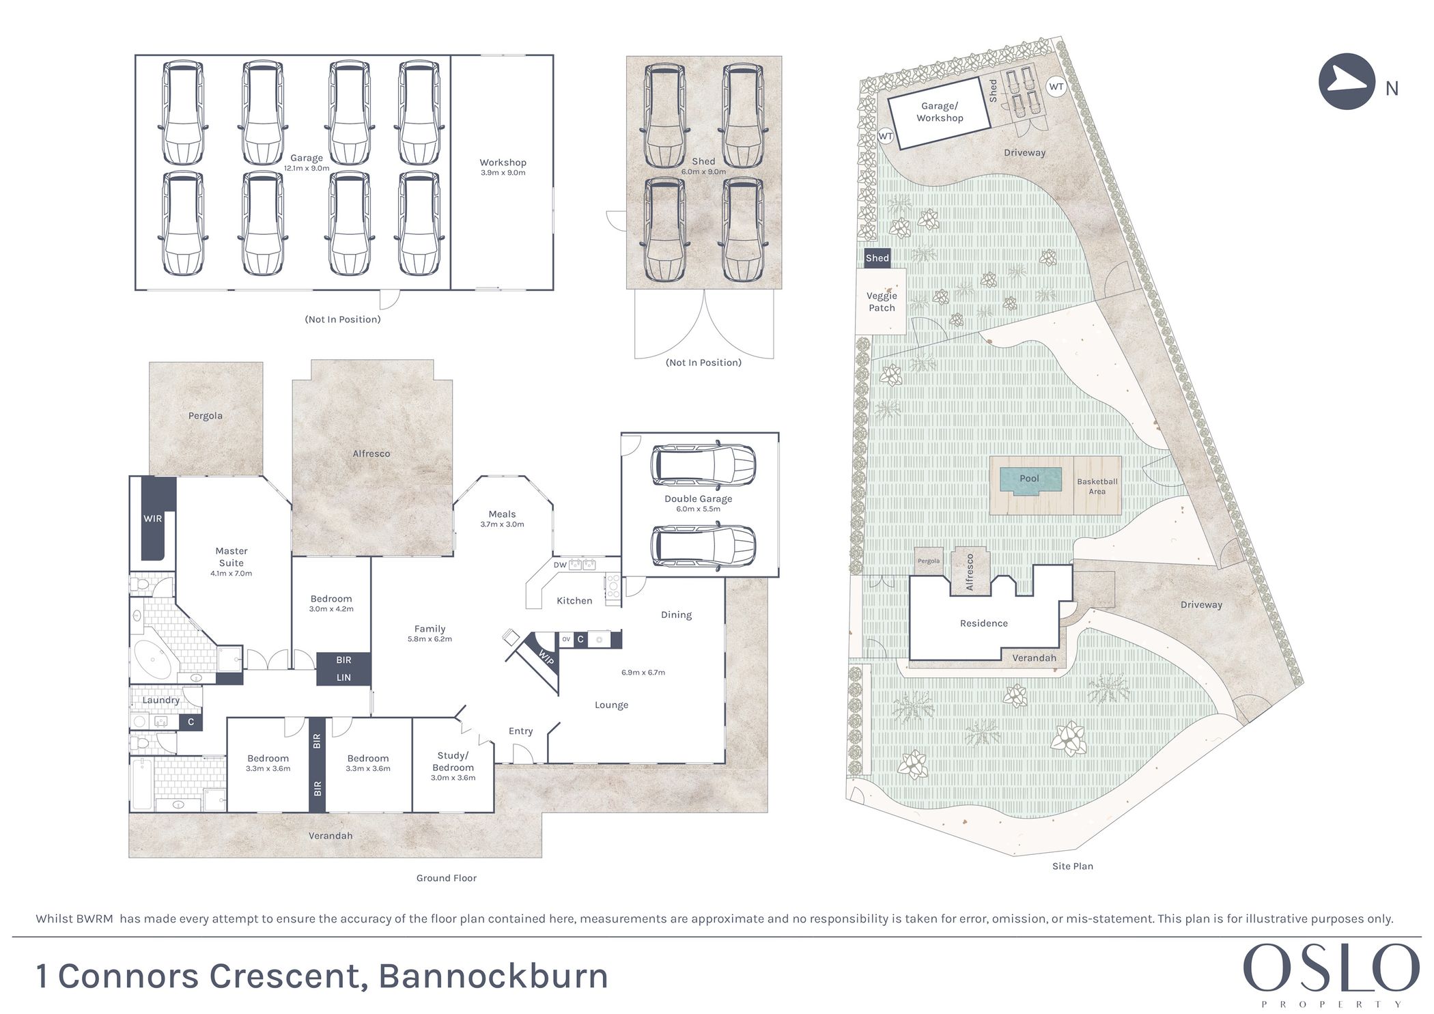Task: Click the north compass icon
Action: coord(1346,81)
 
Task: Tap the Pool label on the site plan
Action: coord(1028,478)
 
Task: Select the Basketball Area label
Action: coord(1097,486)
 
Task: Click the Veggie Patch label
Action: coord(882,302)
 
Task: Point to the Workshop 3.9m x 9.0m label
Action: coord(503,167)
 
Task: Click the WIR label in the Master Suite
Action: coord(152,518)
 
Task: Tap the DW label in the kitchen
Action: coord(560,565)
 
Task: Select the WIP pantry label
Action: coord(546,658)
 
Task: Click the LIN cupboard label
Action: coord(343,677)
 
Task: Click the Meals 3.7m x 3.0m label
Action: coord(502,518)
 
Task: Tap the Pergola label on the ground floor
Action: coord(206,415)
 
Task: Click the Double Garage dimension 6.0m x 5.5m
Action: coord(698,509)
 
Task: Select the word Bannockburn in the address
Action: coord(493,976)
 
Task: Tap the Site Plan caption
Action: coord(1072,866)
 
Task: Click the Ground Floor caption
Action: coord(446,878)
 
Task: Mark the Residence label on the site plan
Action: coord(983,623)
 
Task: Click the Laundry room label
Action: coord(161,700)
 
